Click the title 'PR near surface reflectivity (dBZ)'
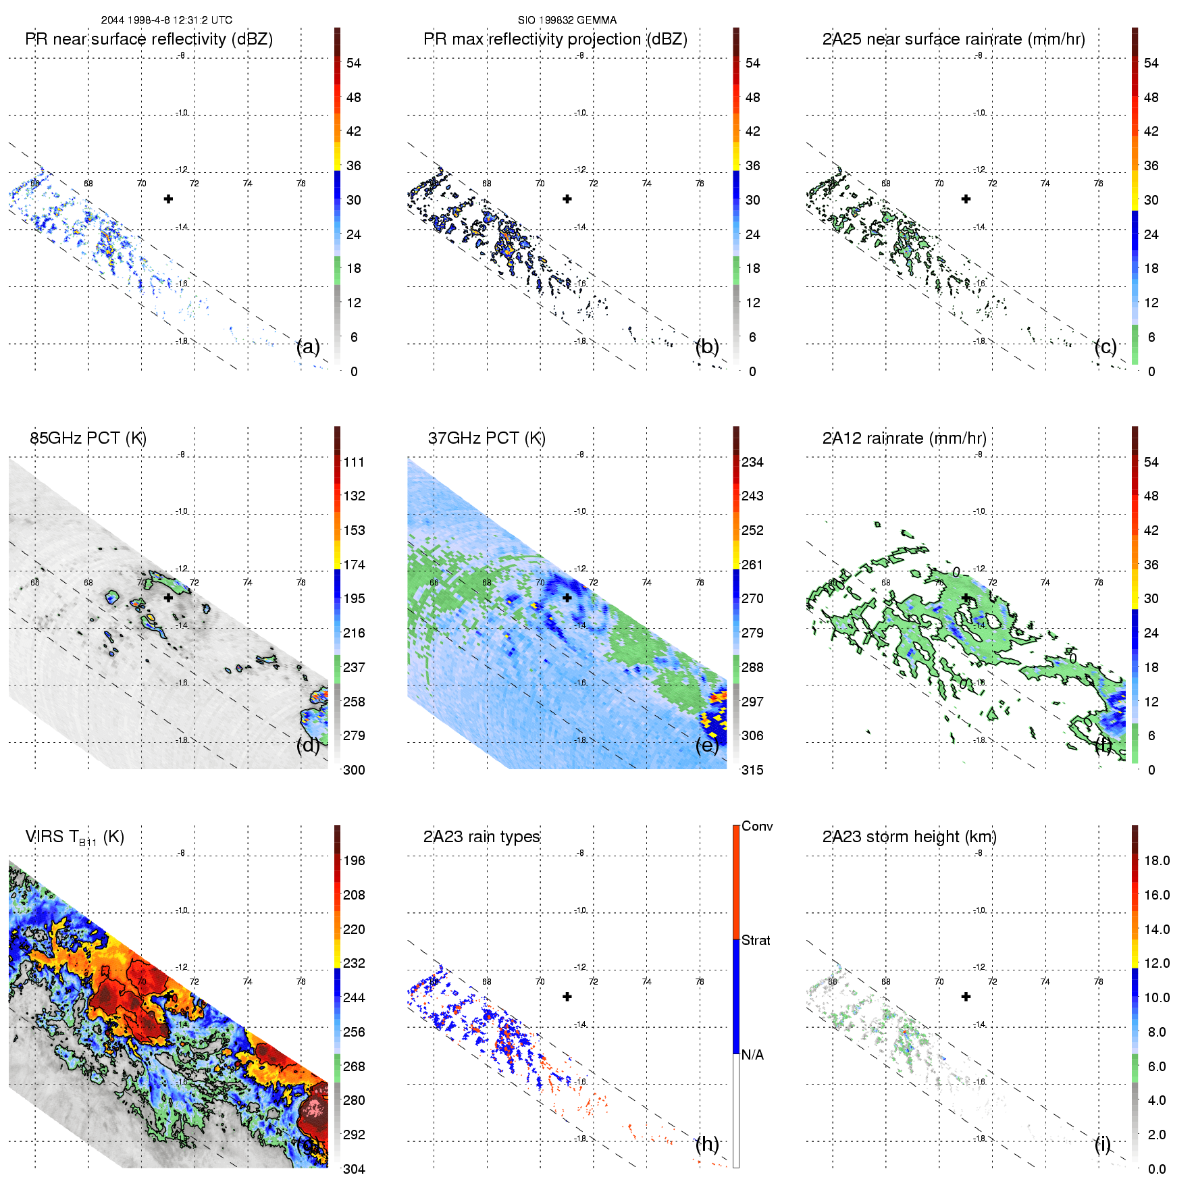(x=149, y=39)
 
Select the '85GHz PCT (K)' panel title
(x=88, y=438)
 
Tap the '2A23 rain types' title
(x=482, y=837)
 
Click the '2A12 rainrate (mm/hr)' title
(x=904, y=438)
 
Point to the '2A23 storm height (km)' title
(x=909, y=837)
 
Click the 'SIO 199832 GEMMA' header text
(x=567, y=20)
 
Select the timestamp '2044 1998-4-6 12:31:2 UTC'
(x=166, y=20)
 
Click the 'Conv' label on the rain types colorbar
(x=757, y=826)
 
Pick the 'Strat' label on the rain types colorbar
(x=756, y=940)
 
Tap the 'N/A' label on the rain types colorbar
(x=752, y=1055)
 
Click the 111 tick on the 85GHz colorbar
(x=354, y=462)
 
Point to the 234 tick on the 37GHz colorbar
(x=752, y=462)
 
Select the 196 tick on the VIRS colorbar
(x=354, y=860)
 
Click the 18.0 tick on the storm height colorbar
(x=1157, y=860)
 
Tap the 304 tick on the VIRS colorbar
(x=354, y=1169)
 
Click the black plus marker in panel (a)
(x=168, y=199)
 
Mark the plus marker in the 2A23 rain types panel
(x=567, y=996)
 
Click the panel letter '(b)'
(x=707, y=346)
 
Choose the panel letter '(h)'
(x=707, y=1144)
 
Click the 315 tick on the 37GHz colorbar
(x=752, y=770)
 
